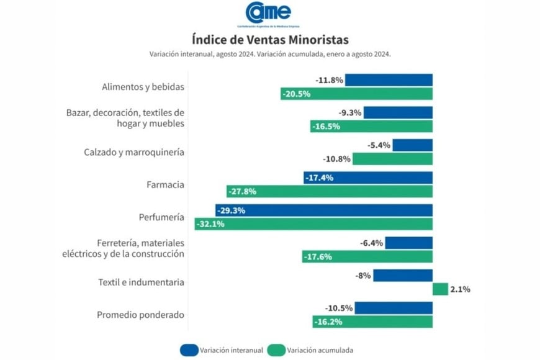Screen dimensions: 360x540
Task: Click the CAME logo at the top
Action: tap(268, 14)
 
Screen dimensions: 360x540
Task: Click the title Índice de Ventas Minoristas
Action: tap(270, 41)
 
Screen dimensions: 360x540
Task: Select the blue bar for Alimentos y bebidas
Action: tap(389, 80)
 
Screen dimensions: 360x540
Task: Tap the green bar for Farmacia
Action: tap(329, 191)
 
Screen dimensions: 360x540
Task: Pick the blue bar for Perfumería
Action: tap(323, 210)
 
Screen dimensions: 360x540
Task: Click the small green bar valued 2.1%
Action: tap(440, 289)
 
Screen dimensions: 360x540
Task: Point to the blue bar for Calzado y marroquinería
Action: tap(412, 145)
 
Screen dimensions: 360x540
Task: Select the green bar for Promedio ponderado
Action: tap(372, 322)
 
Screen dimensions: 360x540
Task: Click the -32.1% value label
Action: tap(210, 224)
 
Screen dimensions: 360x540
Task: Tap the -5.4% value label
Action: tap(379, 145)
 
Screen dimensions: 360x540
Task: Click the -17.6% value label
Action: tap(318, 256)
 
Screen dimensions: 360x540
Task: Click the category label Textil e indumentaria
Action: tap(141, 282)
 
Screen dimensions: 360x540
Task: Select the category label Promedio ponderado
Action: tap(140, 315)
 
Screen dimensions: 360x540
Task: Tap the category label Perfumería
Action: tap(161, 217)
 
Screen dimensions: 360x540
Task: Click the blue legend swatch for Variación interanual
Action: tap(189, 350)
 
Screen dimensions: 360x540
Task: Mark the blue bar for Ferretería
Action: tap(408, 243)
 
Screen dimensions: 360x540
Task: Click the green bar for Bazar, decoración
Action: tap(371, 127)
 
